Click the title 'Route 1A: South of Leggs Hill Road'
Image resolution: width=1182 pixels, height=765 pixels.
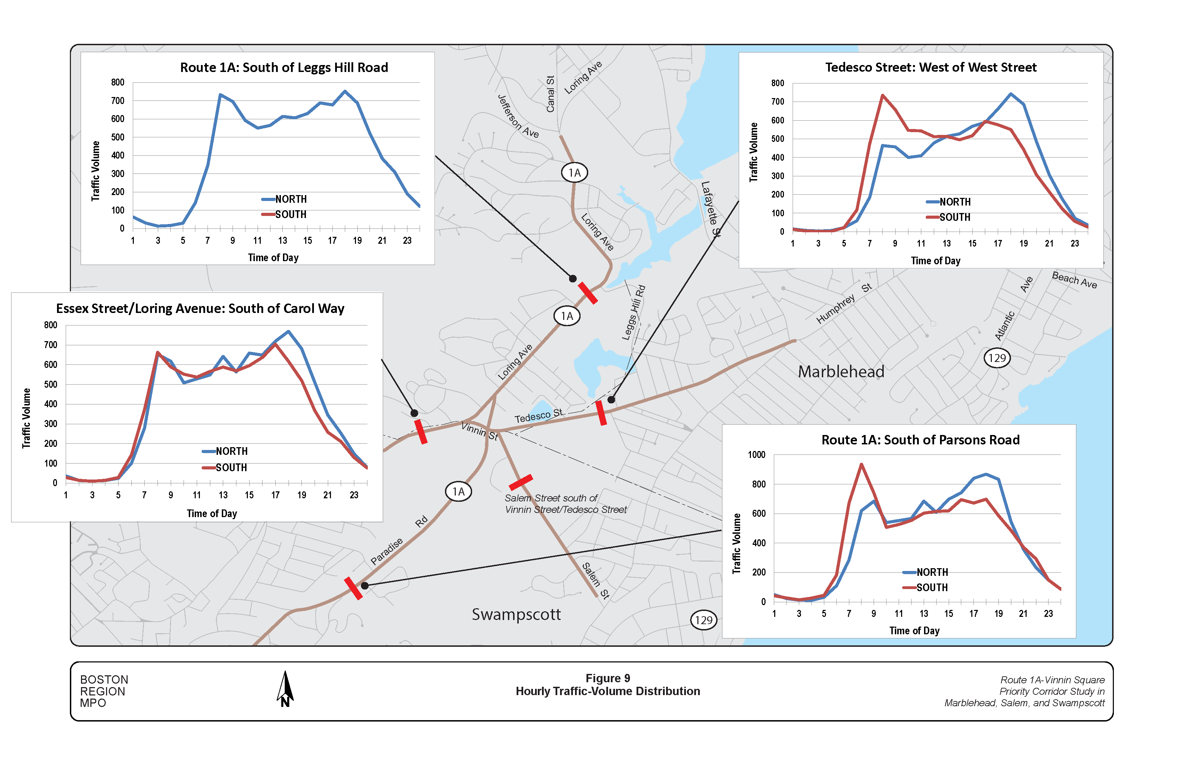(284, 67)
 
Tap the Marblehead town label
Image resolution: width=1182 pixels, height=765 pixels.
(841, 372)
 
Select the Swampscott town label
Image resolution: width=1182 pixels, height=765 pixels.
(516, 614)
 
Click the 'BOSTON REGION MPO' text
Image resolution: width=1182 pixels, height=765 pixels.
(104, 691)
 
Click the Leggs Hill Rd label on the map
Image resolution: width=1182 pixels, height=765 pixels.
(634, 313)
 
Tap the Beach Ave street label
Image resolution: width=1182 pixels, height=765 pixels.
(1074, 280)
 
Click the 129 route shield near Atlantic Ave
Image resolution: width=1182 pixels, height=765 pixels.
(997, 358)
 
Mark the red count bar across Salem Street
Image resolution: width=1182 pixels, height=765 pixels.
(520, 482)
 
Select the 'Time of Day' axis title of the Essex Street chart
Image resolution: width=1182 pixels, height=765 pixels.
(212, 514)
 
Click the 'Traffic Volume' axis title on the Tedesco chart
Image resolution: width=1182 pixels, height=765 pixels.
(753, 152)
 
